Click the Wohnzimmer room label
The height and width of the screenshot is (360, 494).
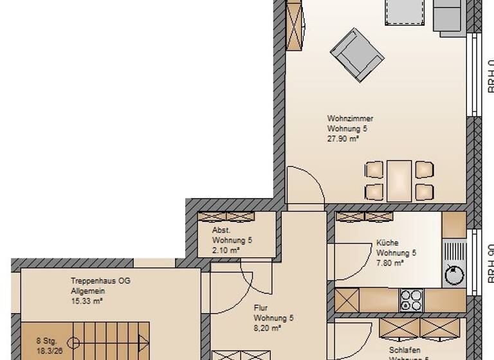(x=351, y=119)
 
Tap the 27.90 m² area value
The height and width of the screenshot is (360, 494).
(x=343, y=138)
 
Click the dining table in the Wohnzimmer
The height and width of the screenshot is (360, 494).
(x=399, y=180)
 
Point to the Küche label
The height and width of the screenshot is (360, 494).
(x=387, y=243)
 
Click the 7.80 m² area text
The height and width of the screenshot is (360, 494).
(x=390, y=262)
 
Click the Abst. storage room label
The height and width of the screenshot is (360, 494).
(x=221, y=230)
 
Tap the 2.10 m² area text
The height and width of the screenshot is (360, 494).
(x=226, y=250)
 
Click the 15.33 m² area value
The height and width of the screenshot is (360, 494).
(x=87, y=300)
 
